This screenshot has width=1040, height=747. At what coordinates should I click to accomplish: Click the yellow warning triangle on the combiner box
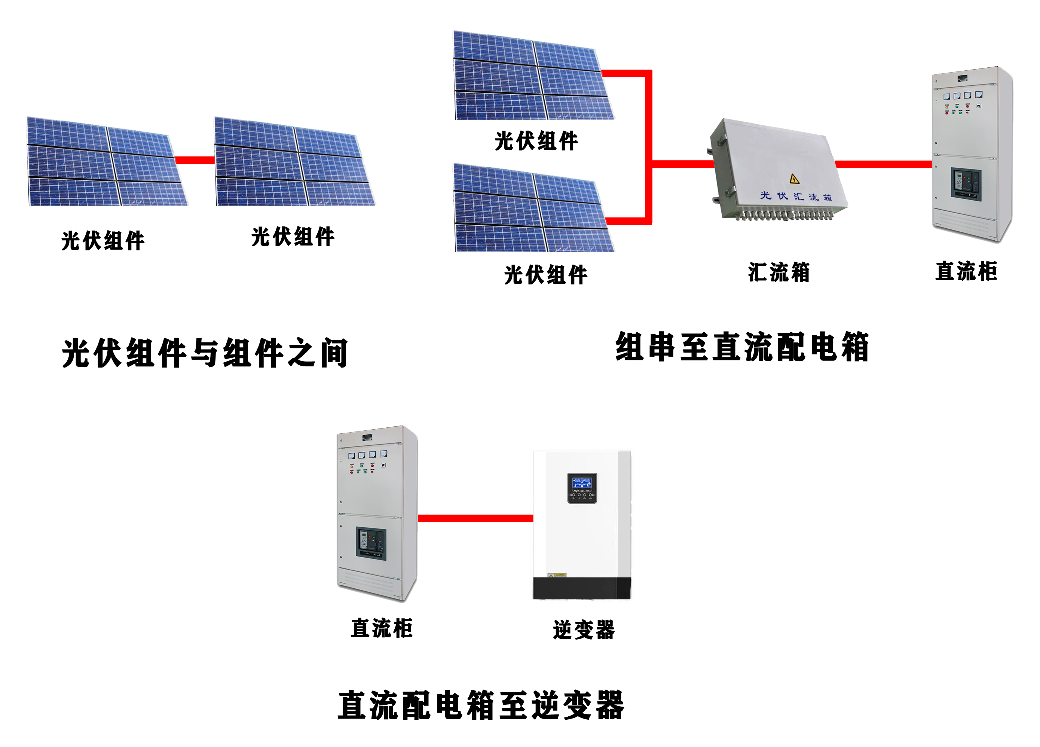tap(794, 179)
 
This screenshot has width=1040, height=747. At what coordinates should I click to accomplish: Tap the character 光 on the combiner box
tap(765, 195)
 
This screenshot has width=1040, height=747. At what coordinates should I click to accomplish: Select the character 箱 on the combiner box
tap(828, 198)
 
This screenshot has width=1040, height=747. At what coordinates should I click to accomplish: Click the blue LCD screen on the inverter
tap(582, 483)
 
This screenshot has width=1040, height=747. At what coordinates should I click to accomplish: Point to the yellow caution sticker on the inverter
tap(557, 575)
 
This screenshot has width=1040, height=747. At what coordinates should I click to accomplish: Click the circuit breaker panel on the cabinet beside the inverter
tap(371, 544)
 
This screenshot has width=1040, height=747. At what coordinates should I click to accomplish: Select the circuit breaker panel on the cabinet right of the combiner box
tap(966, 185)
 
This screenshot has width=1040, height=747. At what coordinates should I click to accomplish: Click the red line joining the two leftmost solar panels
tap(195, 160)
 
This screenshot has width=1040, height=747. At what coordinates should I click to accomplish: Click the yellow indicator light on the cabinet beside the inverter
tap(352, 466)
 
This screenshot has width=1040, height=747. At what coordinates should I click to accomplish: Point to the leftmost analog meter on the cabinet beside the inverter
tap(352, 455)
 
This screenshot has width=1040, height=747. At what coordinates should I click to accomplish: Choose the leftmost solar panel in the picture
tap(107, 161)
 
